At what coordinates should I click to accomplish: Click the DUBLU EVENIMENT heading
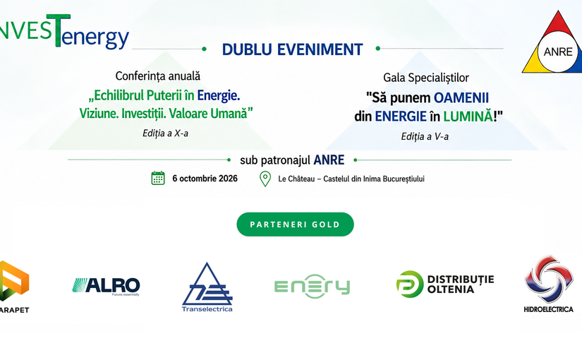pos(292,49)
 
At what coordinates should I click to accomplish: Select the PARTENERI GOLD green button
pos(295,224)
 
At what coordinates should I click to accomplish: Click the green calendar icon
pos(158,179)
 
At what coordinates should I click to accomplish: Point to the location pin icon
pos(265,179)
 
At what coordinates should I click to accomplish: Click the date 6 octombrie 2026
pos(205,179)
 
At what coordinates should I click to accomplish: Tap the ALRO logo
pos(106,287)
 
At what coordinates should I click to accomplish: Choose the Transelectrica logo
pos(207,287)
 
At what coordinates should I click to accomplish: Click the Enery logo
pos(312,287)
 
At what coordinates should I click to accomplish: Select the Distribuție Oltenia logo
pos(445,284)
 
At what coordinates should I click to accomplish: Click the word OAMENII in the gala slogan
pos(461,98)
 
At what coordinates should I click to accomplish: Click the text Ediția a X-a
pos(165,133)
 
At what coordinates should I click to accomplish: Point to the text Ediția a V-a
pos(425,137)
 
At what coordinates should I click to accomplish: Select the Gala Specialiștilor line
pos(426,78)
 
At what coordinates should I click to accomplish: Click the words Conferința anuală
pos(158,76)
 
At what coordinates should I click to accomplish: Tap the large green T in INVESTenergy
pos(58,30)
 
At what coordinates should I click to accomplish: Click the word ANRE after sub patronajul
pos(329,160)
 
